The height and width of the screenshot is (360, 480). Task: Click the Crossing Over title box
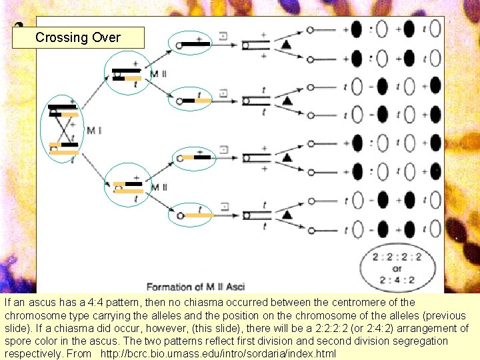(x=78, y=37)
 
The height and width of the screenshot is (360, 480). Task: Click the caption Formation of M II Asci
(x=195, y=287)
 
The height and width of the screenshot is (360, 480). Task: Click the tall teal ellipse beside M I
(x=62, y=129)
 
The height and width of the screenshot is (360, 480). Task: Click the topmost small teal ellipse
(x=190, y=43)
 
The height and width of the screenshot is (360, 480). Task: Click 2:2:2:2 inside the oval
(x=397, y=256)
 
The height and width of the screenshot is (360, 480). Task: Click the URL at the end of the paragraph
(x=218, y=353)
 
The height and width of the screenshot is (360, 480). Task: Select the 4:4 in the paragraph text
(x=66, y=302)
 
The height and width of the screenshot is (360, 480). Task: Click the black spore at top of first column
(x=357, y=30)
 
